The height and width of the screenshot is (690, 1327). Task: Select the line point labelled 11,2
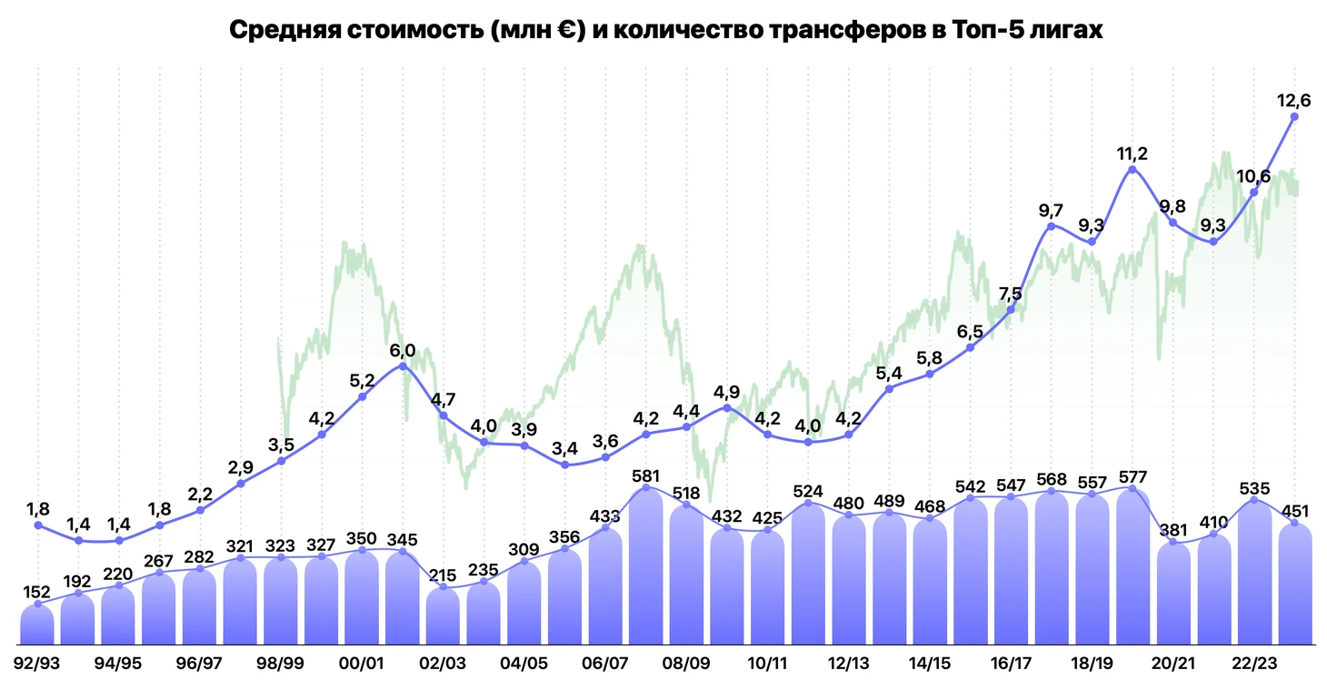pos(1132,169)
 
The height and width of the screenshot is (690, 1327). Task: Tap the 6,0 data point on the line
pos(403,365)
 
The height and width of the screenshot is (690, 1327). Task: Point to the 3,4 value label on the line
pos(565,448)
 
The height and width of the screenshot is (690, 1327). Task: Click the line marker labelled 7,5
pos(1011,310)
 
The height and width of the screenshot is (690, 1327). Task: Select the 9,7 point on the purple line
pos(1052,225)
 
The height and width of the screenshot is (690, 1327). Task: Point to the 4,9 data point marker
pos(727,407)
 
